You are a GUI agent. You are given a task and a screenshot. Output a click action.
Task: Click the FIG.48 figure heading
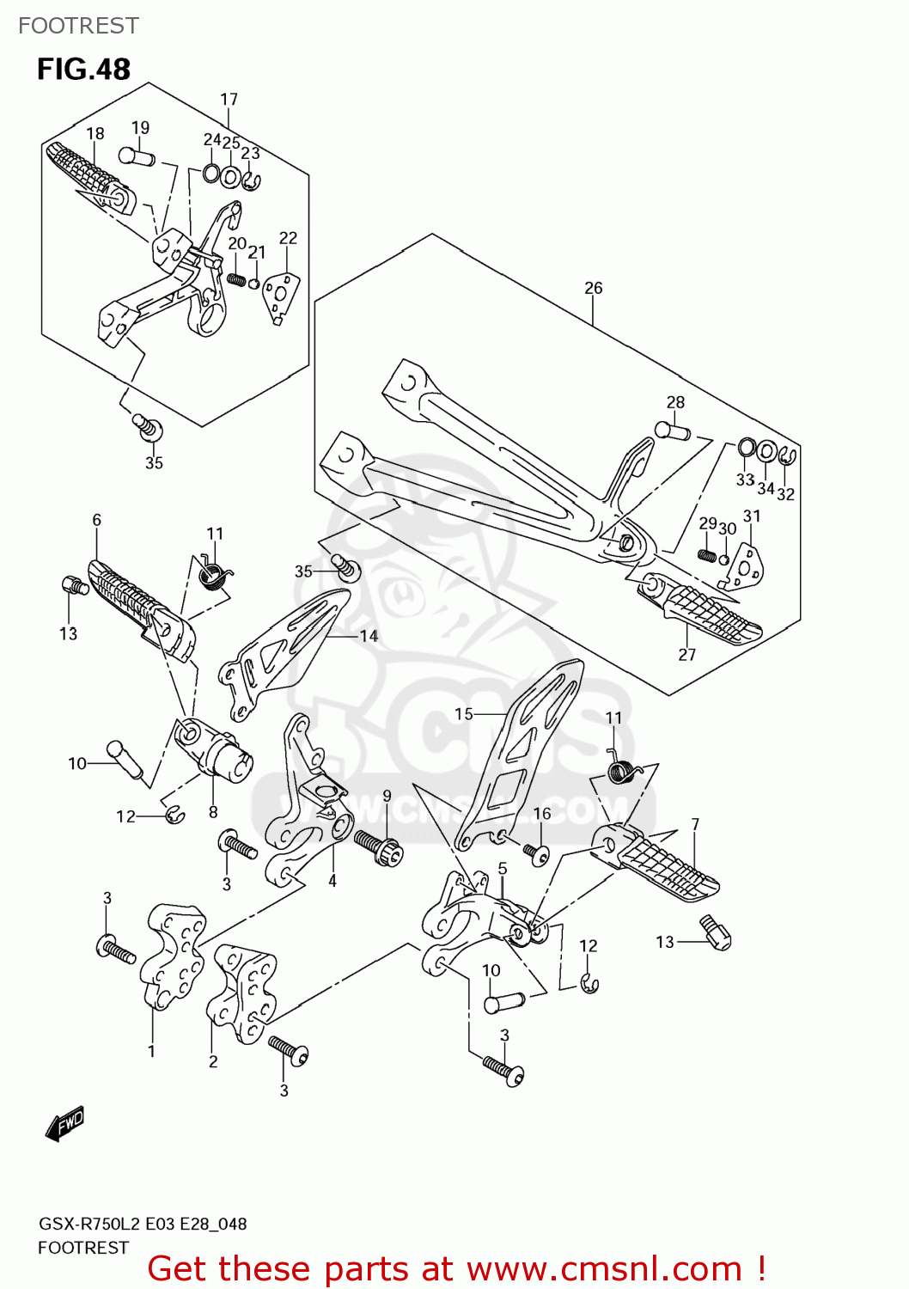click(x=83, y=69)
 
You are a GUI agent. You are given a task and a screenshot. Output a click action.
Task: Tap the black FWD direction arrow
click(x=65, y=1123)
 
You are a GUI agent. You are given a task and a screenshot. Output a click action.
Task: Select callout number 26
click(x=593, y=288)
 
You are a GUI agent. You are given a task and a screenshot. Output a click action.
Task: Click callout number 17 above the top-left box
click(x=229, y=100)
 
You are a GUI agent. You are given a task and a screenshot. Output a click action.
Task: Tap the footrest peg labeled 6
click(x=142, y=606)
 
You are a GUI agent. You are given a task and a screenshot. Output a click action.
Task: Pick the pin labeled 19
click(x=137, y=156)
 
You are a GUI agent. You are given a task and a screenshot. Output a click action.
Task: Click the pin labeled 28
click(x=673, y=430)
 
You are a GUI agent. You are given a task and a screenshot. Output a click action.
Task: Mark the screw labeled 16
click(x=538, y=854)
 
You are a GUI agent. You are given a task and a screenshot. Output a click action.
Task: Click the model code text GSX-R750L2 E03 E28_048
click(x=143, y=1224)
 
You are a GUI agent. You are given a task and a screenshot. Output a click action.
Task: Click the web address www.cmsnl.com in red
click(x=604, y=1268)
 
